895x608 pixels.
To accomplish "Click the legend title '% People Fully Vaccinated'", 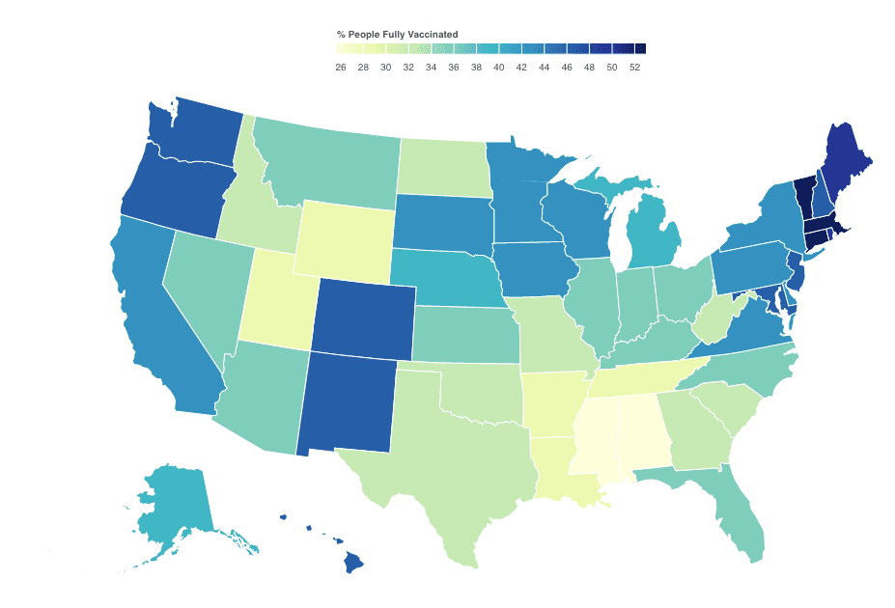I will [x=391, y=35].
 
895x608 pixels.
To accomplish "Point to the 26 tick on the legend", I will [x=341, y=68].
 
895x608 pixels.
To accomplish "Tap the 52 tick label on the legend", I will [x=634, y=68].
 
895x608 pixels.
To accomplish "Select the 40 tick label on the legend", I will [x=499, y=68].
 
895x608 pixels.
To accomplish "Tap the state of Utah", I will [x=280, y=298].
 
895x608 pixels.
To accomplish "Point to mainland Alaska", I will [x=174, y=502].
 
